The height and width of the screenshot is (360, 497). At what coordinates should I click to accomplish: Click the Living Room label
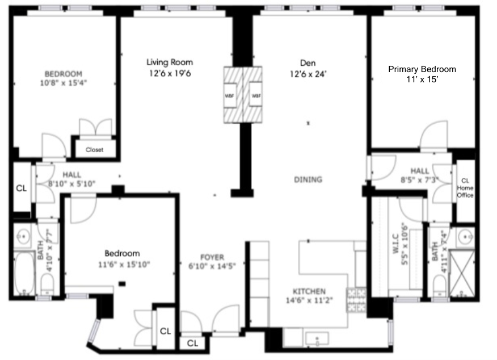[170, 62]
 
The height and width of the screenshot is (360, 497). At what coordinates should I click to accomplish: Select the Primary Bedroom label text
[422, 69]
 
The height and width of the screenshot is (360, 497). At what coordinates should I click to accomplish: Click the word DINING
[308, 179]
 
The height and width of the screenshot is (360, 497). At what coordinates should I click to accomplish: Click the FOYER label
[212, 257]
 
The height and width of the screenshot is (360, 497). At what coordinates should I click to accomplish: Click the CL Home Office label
[465, 188]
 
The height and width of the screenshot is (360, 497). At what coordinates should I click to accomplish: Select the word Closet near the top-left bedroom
[94, 150]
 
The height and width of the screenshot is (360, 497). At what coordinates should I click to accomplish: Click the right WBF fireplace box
[256, 95]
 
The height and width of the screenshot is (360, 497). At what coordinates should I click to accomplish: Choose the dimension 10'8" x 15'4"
[64, 83]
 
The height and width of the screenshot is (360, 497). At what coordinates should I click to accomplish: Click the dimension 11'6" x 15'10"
[122, 264]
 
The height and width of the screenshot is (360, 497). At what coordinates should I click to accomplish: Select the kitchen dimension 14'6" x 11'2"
[309, 300]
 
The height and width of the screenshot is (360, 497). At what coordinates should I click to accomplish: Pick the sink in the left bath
[23, 235]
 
